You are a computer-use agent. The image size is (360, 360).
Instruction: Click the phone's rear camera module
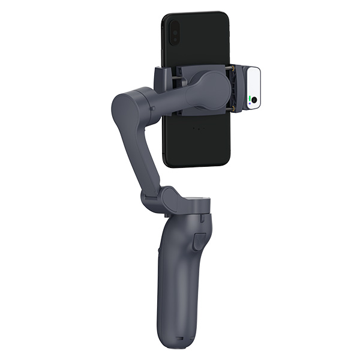173,31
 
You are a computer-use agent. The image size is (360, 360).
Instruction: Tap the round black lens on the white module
254,100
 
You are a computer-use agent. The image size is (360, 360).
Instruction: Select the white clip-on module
253,88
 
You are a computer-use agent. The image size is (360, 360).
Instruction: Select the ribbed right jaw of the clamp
236,89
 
